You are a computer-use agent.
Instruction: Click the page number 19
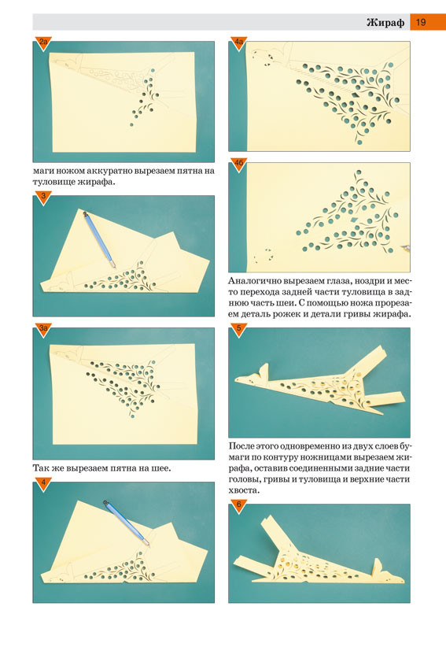pos(421,22)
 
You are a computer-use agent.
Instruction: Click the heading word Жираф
pos(385,22)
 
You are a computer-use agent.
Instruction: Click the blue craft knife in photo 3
pos(99,239)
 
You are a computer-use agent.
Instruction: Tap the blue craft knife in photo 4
pos(126,523)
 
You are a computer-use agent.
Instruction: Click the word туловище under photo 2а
pos(53,182)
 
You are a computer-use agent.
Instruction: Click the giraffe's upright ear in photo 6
pos(378,567)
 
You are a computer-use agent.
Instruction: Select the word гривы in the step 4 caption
pos(361,314)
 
